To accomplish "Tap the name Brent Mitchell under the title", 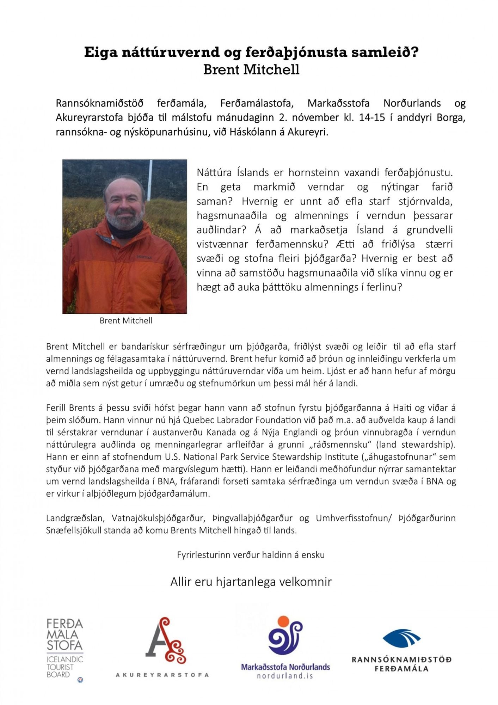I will (x=251, y=69).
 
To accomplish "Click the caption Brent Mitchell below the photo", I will (x=126, y=320).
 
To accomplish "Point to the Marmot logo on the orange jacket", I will (x=144, y=257).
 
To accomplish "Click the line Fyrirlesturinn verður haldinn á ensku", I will (x=251, y=555).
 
